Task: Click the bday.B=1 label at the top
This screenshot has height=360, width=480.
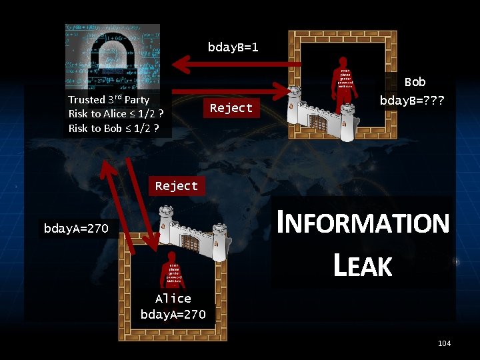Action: [233, 47]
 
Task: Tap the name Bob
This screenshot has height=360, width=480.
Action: [415, 82]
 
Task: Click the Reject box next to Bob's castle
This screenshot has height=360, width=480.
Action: [231, 108]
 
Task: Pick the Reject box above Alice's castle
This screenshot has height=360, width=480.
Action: [176, 186]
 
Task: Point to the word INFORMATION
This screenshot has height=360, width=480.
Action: [363, 223]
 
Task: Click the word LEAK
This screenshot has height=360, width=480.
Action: [362, 266]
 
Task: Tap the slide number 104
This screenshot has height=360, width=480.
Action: [444, 343]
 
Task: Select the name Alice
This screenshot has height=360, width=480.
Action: [173, 299]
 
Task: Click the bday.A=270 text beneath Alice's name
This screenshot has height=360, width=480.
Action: [173, 314]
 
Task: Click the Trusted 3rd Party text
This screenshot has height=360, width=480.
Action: [109, 99]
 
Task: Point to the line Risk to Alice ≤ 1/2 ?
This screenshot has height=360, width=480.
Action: [116, 114]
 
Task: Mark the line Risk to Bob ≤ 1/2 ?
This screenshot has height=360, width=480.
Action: [113, 128]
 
